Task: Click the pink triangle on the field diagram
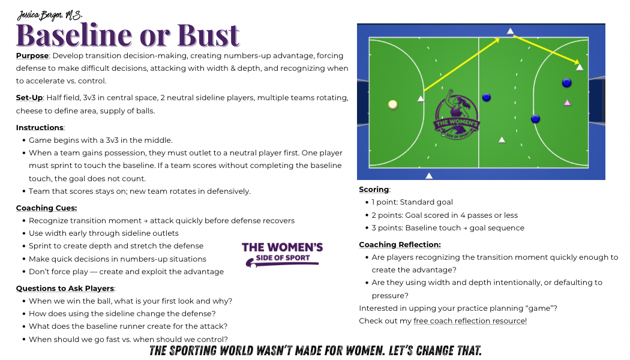[568, 103]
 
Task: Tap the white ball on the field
[393, 105]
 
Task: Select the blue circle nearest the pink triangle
[566, 83]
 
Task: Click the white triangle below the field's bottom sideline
[429, 176]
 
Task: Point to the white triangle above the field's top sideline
[510, 31]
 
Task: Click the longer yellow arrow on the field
[461, 65]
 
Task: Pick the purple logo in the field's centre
[456, 115]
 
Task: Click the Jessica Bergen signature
[49, 15]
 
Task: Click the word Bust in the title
[209, 35]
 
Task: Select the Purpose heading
[32, 55]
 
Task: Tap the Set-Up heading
[29, 98]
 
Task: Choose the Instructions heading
[40, 127]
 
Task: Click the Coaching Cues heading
[46, 208]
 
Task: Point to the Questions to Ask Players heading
[65, 288]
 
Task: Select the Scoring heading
[374, 189]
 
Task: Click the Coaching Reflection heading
[400, 244]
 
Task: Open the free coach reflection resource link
[470, 320]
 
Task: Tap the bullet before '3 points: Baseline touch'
[367, 228]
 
